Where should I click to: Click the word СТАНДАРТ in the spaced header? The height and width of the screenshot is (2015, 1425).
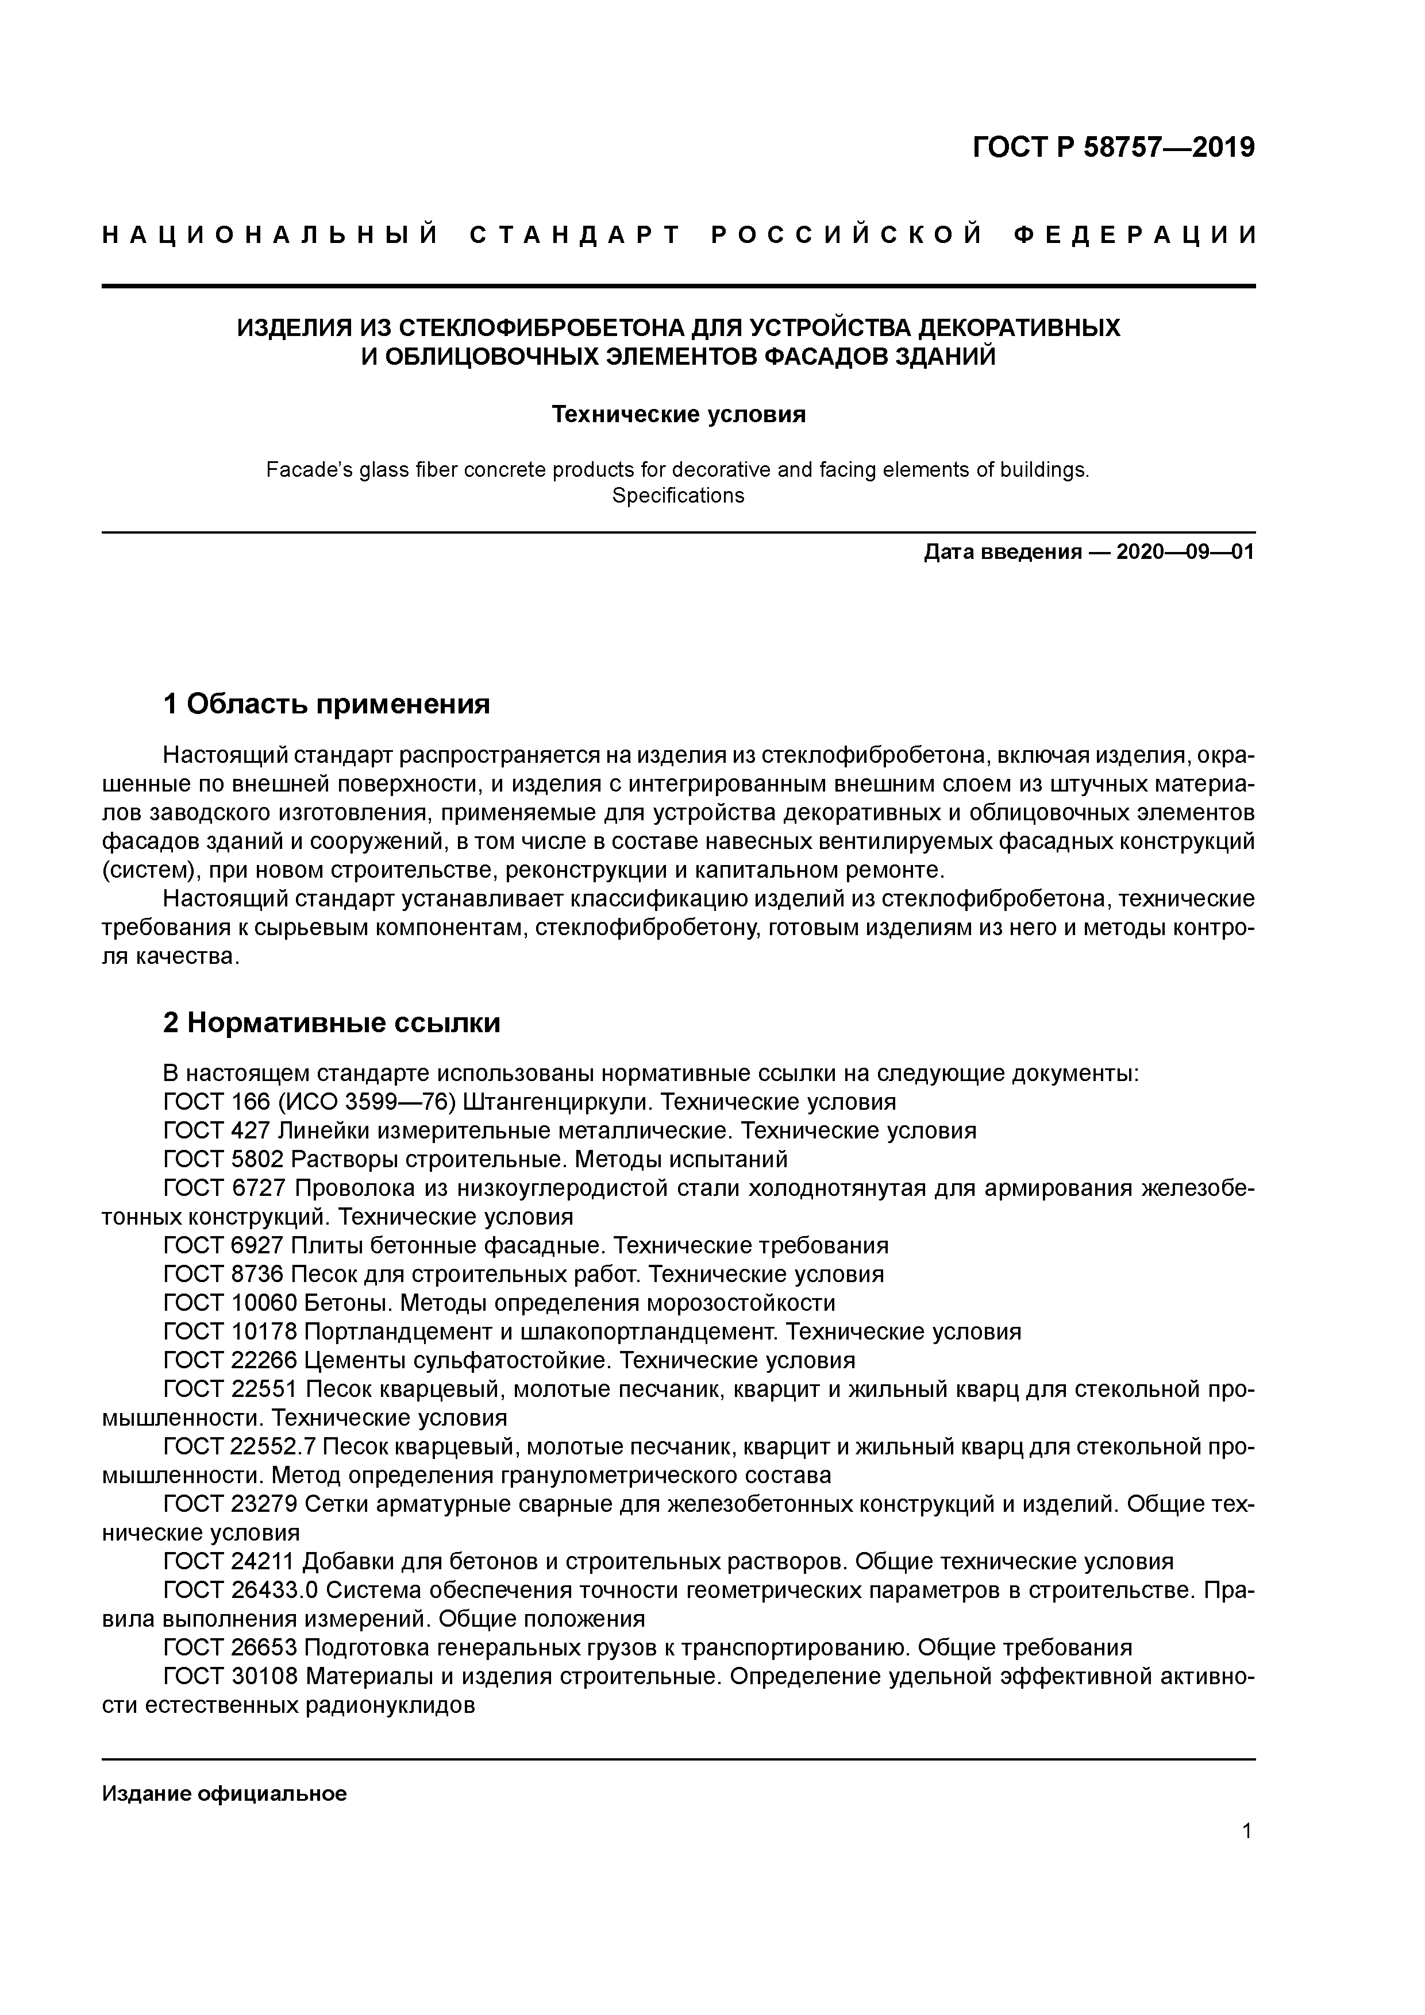tap(576, 235)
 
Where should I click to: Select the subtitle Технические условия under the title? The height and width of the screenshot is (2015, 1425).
tap(678, 414)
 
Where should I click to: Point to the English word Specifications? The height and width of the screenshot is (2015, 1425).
tap(678, 496)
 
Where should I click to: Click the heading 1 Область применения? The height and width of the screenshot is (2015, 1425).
tap(326, 704)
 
